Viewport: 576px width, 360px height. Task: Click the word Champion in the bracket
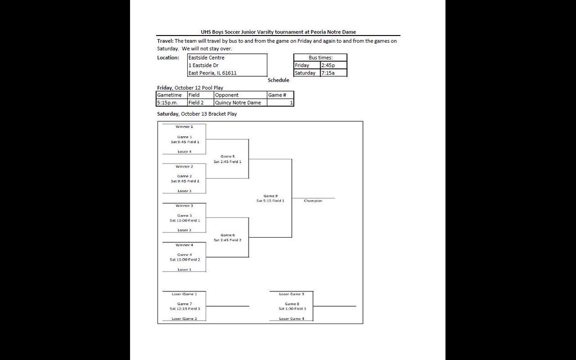(313, 201)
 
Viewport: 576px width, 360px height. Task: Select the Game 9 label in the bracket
(270, 196)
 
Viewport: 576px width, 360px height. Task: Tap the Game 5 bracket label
(228, 156)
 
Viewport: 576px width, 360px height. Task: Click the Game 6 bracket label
(228, 235)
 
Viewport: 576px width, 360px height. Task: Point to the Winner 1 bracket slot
(184, 126)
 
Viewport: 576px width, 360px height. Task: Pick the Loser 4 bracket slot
(184, 152)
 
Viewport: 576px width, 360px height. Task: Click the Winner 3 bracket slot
(184, 205)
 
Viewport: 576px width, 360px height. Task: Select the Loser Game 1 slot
(184, 293)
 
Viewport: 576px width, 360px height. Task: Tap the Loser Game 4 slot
(291, 319)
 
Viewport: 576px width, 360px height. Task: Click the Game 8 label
(291, 304)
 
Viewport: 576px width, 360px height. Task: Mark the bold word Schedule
(278, 81)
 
